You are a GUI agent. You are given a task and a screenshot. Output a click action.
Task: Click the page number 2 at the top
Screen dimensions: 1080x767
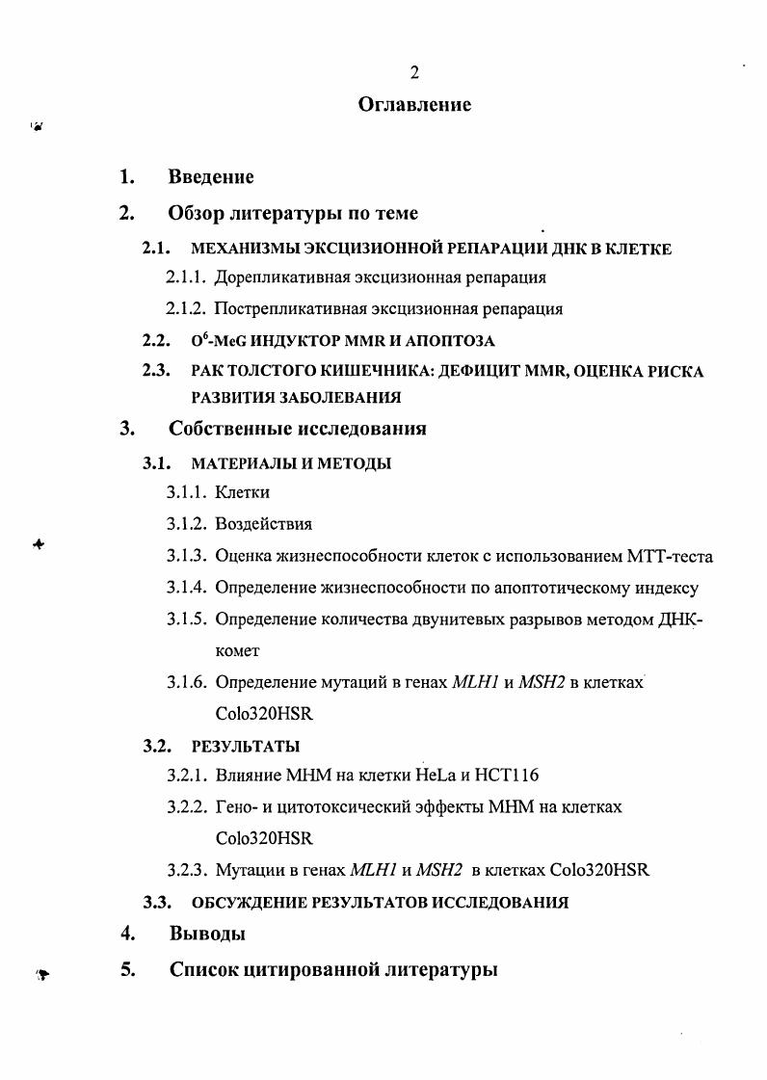coord(414,72)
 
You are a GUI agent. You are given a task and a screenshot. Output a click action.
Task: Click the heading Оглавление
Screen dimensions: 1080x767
coord(414,104)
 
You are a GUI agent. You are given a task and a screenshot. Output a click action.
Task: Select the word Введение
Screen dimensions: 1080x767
coord(211,177)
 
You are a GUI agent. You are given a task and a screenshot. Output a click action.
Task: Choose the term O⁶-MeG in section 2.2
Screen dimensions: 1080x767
coord(218,340)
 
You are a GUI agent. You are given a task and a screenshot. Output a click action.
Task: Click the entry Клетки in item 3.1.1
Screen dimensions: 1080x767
coord(242,492)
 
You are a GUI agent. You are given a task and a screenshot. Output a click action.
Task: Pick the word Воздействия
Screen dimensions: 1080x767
coord(263,524)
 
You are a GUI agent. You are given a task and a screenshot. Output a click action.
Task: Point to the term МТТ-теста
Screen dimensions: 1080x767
coord(671,556)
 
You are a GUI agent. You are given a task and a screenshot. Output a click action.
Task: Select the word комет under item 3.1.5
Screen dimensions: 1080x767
coord(237,650)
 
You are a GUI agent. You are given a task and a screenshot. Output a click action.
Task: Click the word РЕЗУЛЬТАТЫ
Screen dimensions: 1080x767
coord(246,746)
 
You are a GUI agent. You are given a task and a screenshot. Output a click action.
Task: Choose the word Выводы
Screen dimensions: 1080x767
coord(207,934)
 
